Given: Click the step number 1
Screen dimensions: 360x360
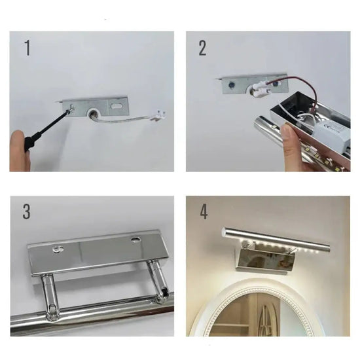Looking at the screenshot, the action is click(27, 48).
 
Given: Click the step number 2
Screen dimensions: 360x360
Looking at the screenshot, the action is click(202, 48).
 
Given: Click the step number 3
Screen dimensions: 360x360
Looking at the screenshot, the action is click(26, 211).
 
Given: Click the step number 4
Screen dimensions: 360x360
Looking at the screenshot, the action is click(204, 211).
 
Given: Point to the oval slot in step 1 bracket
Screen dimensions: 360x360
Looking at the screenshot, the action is click(115, 106).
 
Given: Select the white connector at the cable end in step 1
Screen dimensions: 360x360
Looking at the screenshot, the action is click(158, 115).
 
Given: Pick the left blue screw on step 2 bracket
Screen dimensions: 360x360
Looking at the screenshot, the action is click(231, 85).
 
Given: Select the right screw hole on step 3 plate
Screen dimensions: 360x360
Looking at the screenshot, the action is click(135, 240).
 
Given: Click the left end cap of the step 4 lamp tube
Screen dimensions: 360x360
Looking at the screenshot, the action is click(224, 232).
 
